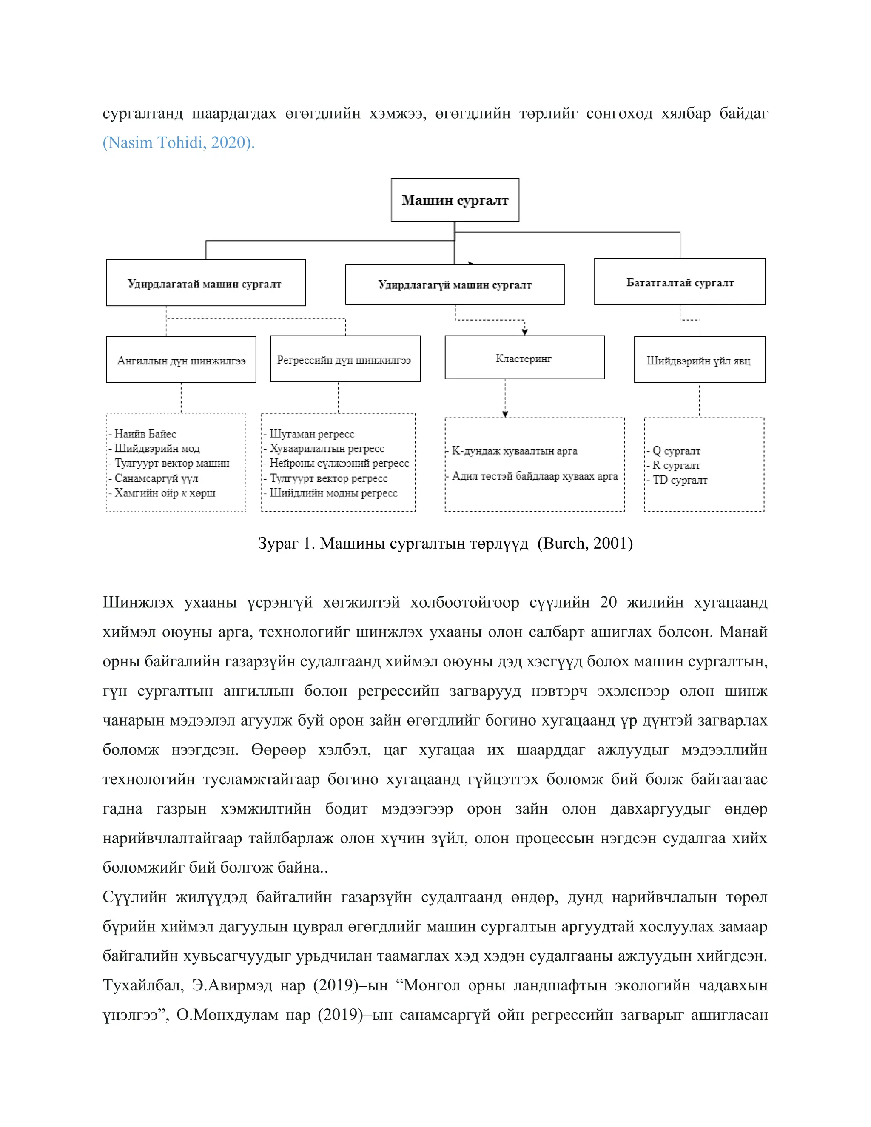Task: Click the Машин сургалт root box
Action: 455,200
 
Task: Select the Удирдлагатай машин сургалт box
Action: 205,283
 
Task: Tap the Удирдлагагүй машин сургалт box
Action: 455,285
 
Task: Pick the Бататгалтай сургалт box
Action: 680,282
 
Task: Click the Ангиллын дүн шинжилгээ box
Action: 181,360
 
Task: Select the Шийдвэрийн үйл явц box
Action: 699,360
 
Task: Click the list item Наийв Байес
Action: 145,433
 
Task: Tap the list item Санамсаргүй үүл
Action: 156,478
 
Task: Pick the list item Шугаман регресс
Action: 312,433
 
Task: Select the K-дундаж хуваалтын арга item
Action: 515,450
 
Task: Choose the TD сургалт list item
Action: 680,479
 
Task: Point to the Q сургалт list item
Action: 676,450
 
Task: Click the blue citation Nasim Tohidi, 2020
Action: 179,142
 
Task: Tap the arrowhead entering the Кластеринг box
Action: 525,332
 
